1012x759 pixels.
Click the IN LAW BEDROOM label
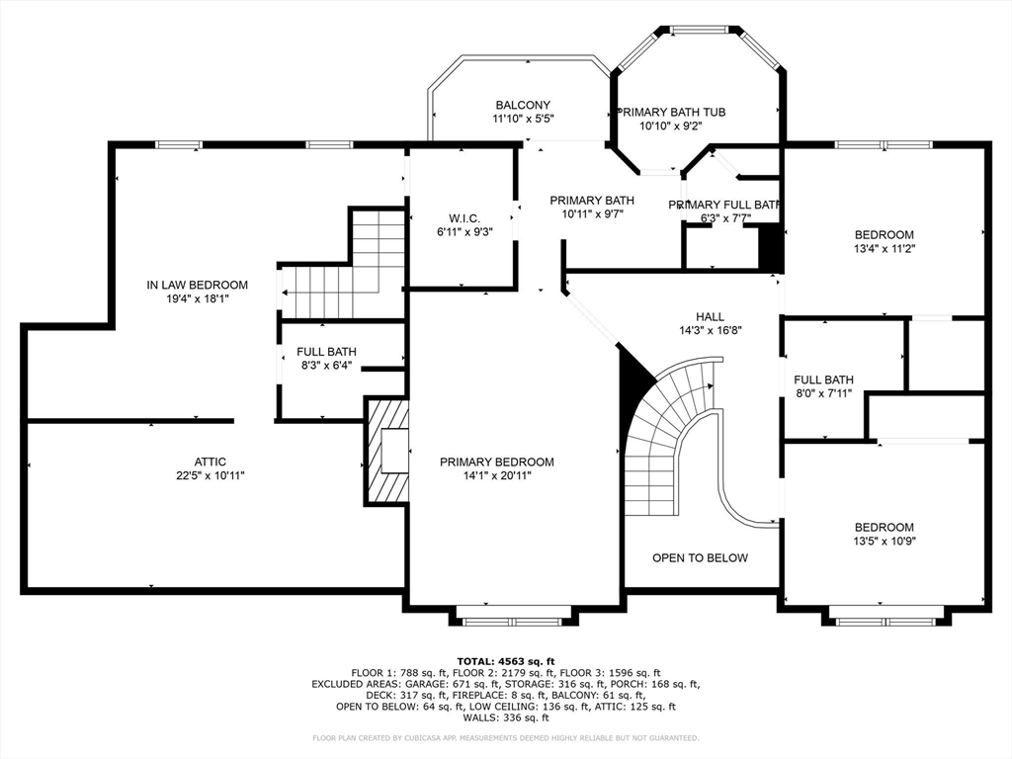197,285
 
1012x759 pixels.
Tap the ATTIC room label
211,462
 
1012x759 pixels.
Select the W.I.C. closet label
464,218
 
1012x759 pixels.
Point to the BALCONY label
523,105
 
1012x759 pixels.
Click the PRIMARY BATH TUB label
671,112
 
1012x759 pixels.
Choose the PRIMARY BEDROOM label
497,462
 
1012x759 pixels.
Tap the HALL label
710,317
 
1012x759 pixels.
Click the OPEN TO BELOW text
701,557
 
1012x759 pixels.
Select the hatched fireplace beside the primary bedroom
387,451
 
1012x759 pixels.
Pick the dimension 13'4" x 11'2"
885,248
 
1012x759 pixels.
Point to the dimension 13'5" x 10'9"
885,541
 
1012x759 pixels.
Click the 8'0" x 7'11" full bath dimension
823,393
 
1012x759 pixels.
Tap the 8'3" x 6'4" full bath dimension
326,365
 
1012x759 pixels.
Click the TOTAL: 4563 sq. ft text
506,661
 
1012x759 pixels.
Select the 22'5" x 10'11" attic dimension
211,475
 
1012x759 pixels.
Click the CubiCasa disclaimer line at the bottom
505,737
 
